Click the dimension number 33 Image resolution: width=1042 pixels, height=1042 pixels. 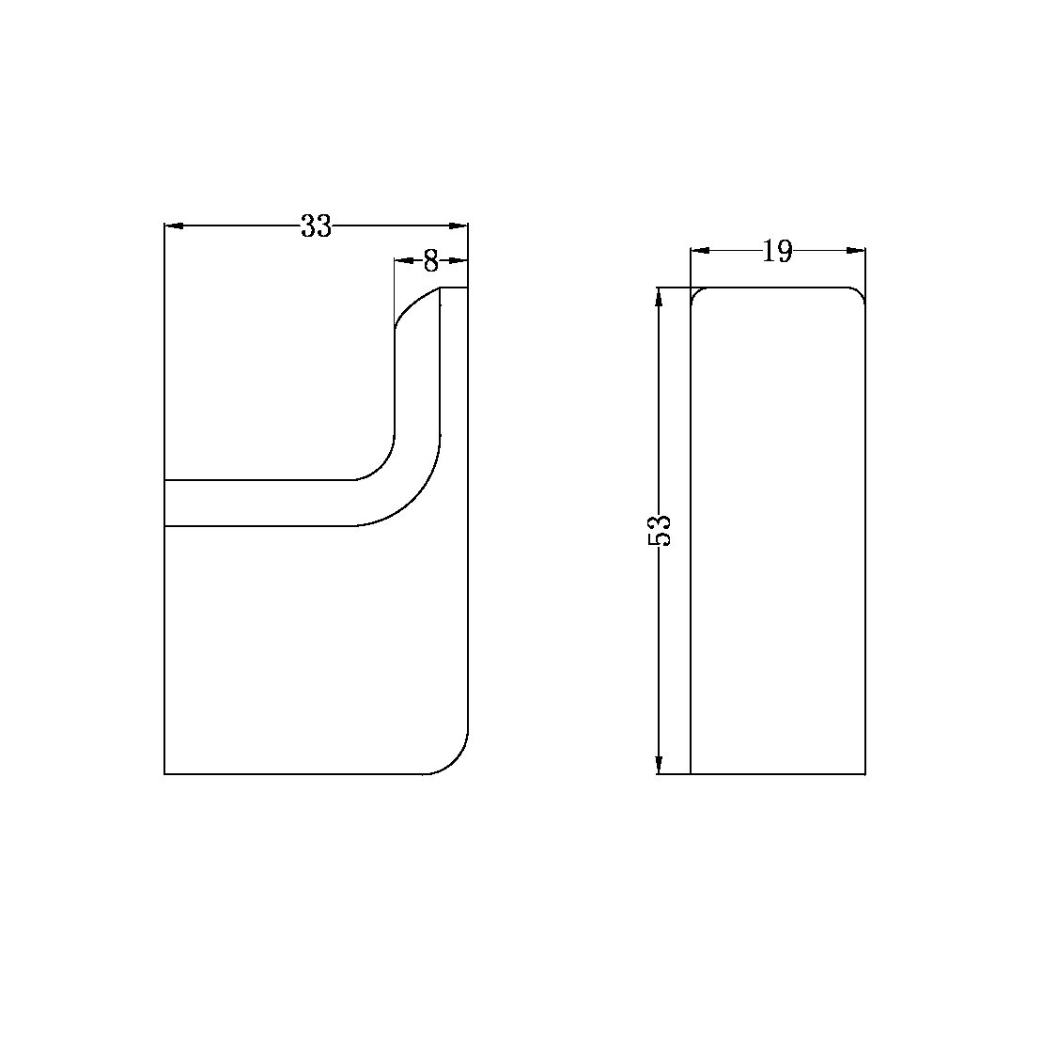(x=316, y=226)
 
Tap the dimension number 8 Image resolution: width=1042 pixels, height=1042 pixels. (x=430, y=260)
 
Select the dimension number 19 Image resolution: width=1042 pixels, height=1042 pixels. (x=778, y=251)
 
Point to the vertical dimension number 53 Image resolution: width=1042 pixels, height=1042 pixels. (x=660, y=531)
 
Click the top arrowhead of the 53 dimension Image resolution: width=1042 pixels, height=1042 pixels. (x=660, y=297)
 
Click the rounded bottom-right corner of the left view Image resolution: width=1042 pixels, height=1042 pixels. (x=455, y=761)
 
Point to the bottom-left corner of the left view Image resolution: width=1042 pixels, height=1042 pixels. (x=165, y=773)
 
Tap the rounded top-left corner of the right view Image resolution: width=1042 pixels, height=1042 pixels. (x=695, y=292)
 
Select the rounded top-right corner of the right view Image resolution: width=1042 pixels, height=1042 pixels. (x=860, y=292)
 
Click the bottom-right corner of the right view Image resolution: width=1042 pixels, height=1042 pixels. (x=864, y=773)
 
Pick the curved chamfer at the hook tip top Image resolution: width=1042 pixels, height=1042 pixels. (x=412, y=304)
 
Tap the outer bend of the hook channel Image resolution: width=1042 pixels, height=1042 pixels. (x=413, y=499)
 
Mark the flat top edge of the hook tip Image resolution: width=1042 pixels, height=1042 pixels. (x=454, y=288)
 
